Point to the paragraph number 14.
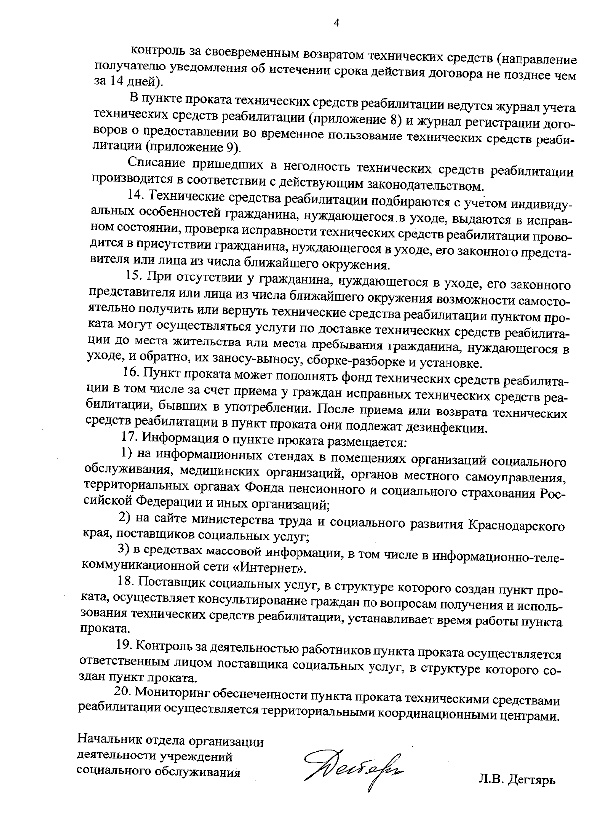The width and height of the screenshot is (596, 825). click(x=135, y=195)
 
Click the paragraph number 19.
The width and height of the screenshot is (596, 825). click(x=124, y=645)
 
